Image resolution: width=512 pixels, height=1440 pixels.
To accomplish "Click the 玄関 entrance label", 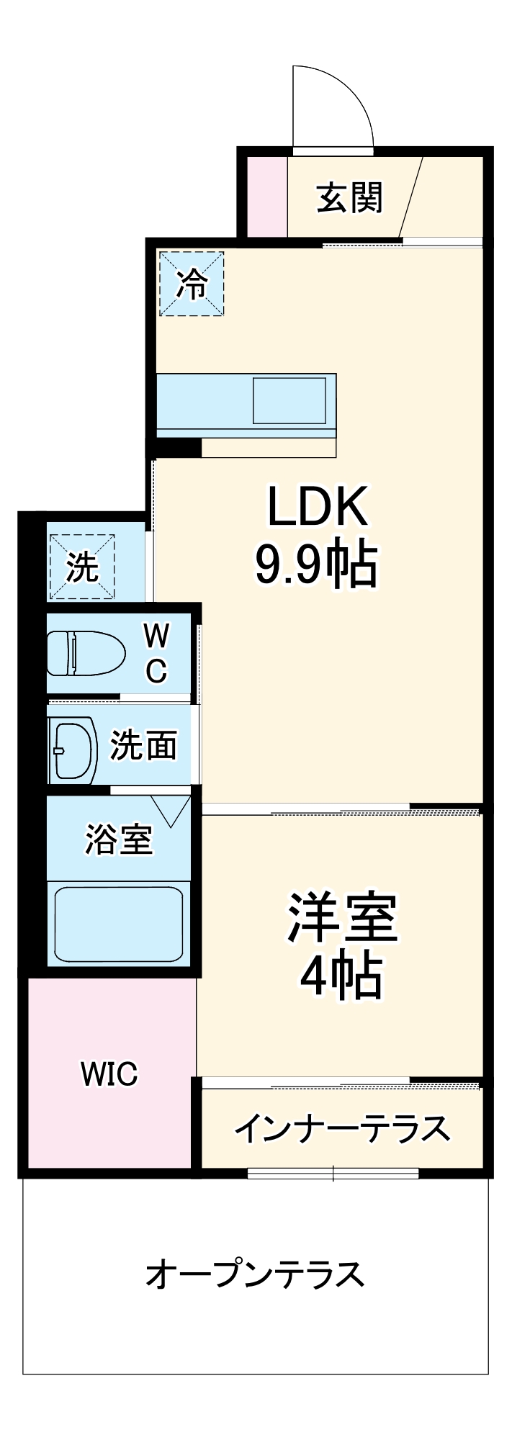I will (350, 197).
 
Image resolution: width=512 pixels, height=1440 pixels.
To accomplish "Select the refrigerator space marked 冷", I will (192, 284).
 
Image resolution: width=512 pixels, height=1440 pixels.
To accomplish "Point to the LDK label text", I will (318, 507).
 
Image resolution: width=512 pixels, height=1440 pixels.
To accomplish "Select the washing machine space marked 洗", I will (82, 567).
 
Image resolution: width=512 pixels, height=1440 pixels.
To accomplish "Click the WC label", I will (156, 653).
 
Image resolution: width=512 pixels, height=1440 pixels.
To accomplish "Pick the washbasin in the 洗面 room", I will (73, 750).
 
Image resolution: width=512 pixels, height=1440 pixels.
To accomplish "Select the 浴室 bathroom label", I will (119, 839).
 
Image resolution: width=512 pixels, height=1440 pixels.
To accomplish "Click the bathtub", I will (119, 924).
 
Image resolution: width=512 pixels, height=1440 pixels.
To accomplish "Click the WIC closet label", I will (109, 1074).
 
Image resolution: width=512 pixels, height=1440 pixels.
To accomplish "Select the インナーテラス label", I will (342, 1129).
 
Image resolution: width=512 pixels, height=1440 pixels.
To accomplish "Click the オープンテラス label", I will (255, 1274).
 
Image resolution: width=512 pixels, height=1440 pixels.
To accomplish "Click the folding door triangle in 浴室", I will (171, 809).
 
